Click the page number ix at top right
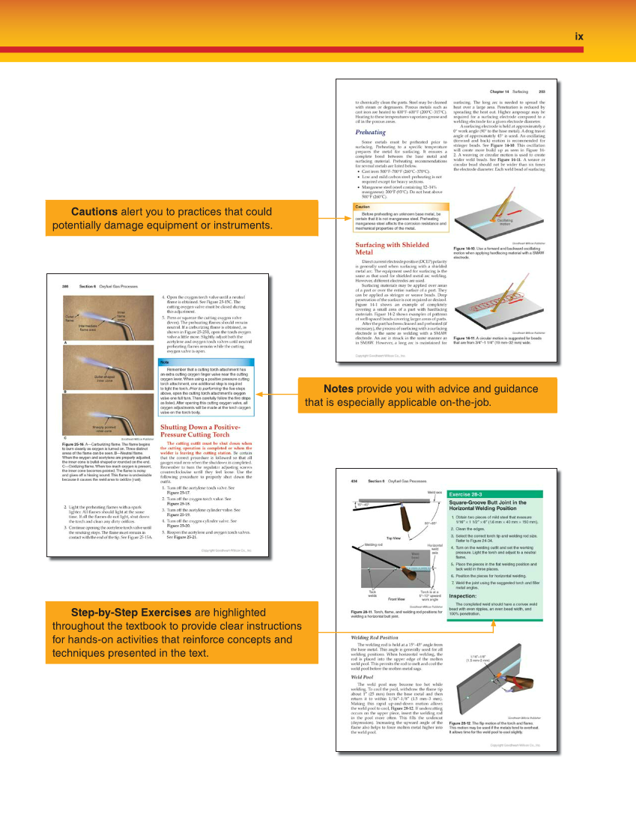[x=578, y=35]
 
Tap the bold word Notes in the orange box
[x=339, y=389]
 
